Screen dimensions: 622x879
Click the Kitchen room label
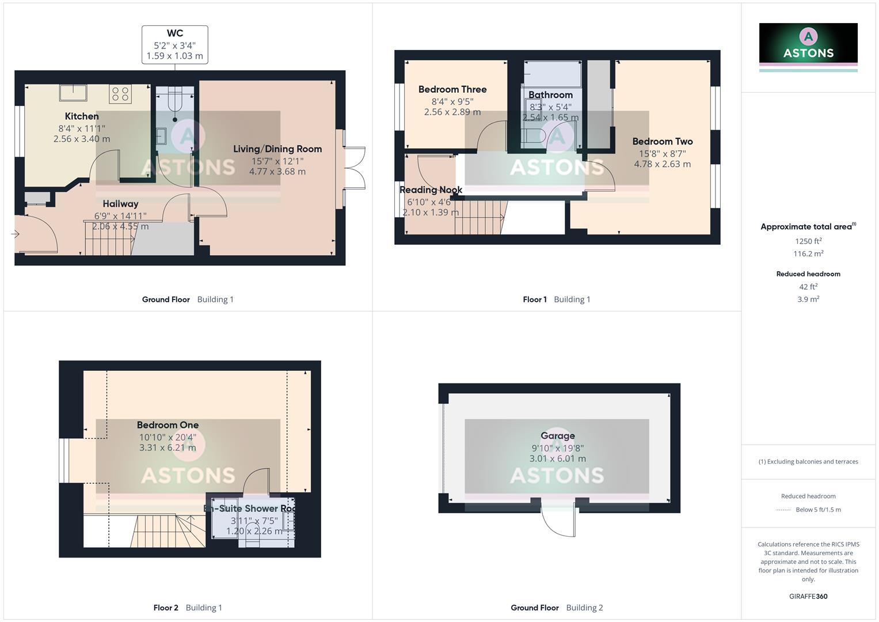(x=82, y=116)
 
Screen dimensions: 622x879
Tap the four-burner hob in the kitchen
(x=120, y=94)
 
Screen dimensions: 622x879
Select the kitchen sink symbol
(x=73, y=92)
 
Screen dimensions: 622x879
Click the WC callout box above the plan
(x=175, y=44)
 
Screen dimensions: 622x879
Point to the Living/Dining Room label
(x=277, y=149)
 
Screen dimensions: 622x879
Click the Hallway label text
(x=120, y=204)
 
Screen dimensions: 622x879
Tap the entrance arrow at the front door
(x=15, y=234)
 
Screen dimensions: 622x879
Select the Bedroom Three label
(x=452, y=90)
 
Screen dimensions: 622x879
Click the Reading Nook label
(x=431, y=190)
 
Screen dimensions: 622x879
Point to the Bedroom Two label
(x=662, y=142)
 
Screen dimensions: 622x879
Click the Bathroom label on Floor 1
(x=550, y=95)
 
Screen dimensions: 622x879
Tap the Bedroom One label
(x=168, y=426)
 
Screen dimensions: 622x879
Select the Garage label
(x=557, y=436)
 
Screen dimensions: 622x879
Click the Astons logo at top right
(x=808, y=44)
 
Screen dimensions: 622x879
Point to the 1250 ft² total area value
(x=808, y=241)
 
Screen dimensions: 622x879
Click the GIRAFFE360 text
(x=808, y=597)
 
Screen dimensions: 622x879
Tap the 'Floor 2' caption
(x=166, y=608)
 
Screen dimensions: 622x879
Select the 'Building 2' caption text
(x=584, y=608)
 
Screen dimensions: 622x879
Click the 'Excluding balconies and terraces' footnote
(x=808, y=462)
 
